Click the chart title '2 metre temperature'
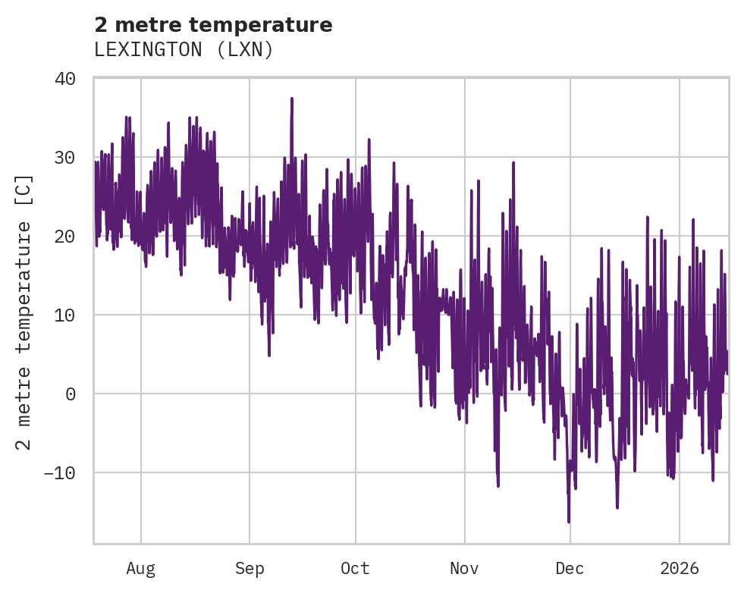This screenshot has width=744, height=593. (x=213, y=25)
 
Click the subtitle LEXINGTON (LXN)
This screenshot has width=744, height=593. (x=183, y=50)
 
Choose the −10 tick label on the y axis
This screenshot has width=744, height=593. (x=60, y=472)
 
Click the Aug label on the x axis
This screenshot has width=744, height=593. (x=141, y=569)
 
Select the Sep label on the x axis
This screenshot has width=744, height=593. (x=250, y=569)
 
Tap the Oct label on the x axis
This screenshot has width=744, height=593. (x=355, y=569)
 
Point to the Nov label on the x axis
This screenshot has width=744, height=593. (x=464, y=569)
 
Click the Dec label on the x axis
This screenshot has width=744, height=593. (x=570, y=569)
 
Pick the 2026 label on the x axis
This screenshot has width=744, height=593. (x=680, y=569)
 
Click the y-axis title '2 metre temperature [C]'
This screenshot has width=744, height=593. (x=24, y=311)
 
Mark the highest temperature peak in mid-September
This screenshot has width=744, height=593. (x=291, y=99)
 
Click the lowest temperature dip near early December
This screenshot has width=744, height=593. (x=569, y=522)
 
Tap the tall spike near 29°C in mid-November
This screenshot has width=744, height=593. (x=513, y=162)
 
